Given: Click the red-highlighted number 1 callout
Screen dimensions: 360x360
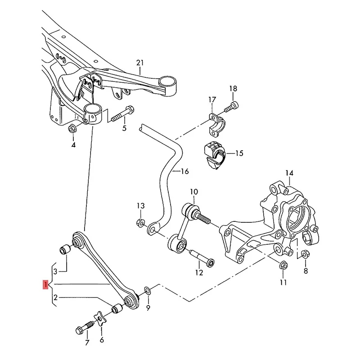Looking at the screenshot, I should click(45, 285).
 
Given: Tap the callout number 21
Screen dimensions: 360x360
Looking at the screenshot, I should click(140, 63).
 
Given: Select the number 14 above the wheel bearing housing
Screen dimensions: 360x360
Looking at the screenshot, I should click(289, 173).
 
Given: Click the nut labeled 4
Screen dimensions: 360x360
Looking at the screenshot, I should click(72, 129).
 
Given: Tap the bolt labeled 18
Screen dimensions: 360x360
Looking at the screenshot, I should click(233, 106).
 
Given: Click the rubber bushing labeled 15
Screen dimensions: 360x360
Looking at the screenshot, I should click(212, 154).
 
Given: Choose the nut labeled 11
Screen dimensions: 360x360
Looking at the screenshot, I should click(283, 264).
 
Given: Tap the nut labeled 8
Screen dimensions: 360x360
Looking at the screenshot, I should click(304, 254).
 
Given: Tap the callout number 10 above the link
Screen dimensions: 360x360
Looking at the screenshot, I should click(193, 192).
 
